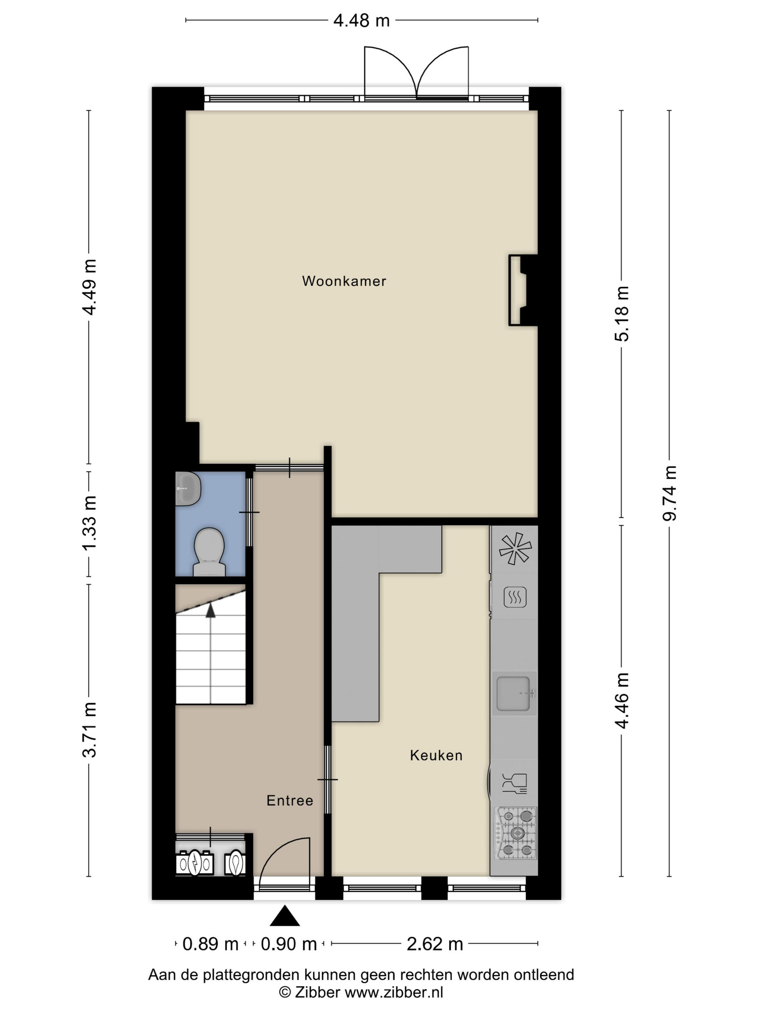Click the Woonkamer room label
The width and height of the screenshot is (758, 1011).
coord(344,281)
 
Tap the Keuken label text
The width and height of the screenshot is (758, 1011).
coord(436,755)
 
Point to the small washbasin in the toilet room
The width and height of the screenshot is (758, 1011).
coord(187,489)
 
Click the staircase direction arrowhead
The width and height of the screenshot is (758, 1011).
coord(210,611)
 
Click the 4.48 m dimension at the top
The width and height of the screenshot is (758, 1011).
coord(361,20)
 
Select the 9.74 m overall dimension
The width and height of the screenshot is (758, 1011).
coord(669,493)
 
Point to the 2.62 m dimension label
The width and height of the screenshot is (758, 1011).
coord(435,944)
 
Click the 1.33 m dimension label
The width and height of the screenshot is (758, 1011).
coord(90,523)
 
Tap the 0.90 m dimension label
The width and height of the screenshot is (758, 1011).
coord(289,944)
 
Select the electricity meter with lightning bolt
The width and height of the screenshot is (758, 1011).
coord(195,863)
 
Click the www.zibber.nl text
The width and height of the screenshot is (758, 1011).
coord(394,992)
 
